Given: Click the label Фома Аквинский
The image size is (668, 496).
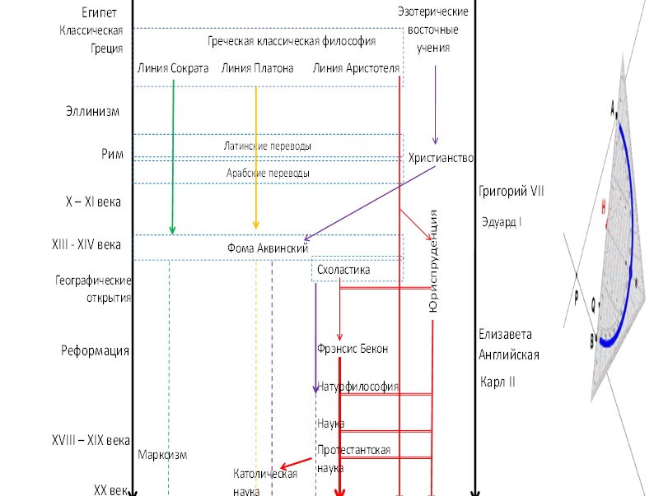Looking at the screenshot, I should (x=268, y=248).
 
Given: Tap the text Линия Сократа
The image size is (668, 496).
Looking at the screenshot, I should (x=173, y=68).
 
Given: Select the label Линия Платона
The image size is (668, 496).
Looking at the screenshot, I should (x=258, y=68).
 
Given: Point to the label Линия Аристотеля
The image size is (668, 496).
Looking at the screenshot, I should (x=356, y=68).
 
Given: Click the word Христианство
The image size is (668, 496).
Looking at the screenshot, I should (x=441, y=157).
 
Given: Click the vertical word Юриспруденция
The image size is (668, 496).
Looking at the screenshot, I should (x=433, y=262).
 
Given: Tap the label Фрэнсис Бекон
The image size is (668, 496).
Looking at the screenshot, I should (x=353, y=349).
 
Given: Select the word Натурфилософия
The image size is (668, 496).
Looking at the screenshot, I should (x=357, y=386).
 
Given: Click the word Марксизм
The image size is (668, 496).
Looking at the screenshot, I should (x=162, y=455).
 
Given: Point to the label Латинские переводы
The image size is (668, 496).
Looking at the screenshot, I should (x=268, y=146).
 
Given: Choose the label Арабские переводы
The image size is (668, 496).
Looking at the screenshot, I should (x=268, y=173).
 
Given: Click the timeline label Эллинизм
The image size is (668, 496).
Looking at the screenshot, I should (x=93, y=111).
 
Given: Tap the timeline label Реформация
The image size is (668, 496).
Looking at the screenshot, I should (x=96, y=351).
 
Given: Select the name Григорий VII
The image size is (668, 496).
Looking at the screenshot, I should (x=512, y=192).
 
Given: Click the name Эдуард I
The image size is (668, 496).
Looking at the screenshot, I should (x=502, y=222).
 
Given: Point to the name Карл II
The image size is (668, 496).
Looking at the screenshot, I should (x=498, y=382).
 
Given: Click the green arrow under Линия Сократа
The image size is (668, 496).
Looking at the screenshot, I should (x=172, y=156).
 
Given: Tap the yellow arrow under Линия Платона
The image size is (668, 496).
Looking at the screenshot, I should (x=256, y=156).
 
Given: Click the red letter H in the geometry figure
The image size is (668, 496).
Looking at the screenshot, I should (x=604, y=203).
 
